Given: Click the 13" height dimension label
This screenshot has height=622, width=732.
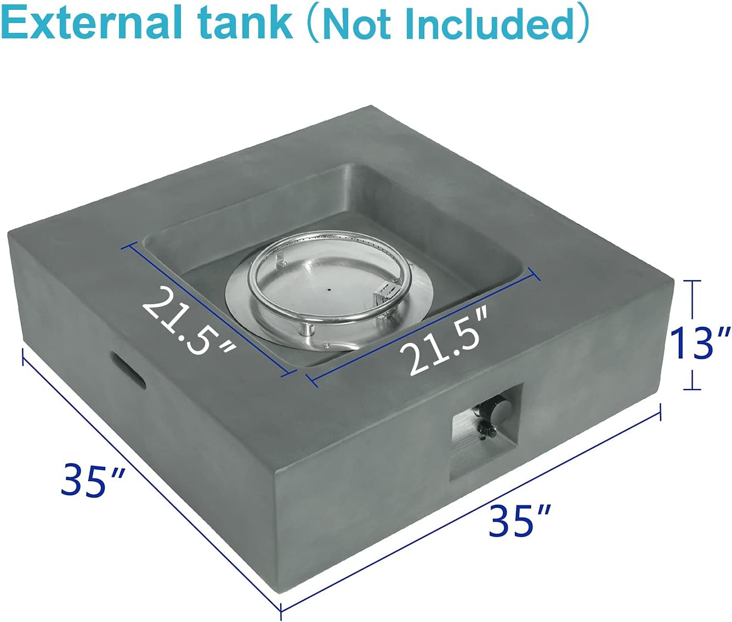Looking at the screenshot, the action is [x=700, y=342].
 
